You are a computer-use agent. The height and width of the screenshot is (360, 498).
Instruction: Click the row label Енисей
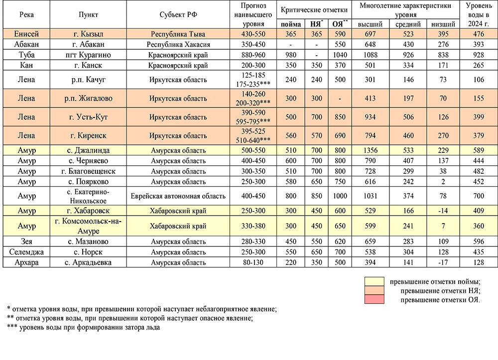tap(27, 34)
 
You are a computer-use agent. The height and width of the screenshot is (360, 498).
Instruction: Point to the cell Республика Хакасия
tap(178, 44)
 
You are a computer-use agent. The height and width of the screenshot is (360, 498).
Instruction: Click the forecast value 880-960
tap(253, 54)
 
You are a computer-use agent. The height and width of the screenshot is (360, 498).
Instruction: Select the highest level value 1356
tap(371, 150)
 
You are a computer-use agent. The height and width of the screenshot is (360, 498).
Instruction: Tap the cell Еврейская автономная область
tap(178, 196)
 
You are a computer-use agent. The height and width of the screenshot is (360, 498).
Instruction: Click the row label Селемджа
tap(27, 252)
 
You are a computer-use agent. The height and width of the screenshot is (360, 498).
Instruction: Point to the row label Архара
tap(27, 262)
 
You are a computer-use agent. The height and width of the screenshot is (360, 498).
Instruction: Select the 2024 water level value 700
tap(479, 196)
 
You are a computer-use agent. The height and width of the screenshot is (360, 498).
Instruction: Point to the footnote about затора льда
tap(84, 327)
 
